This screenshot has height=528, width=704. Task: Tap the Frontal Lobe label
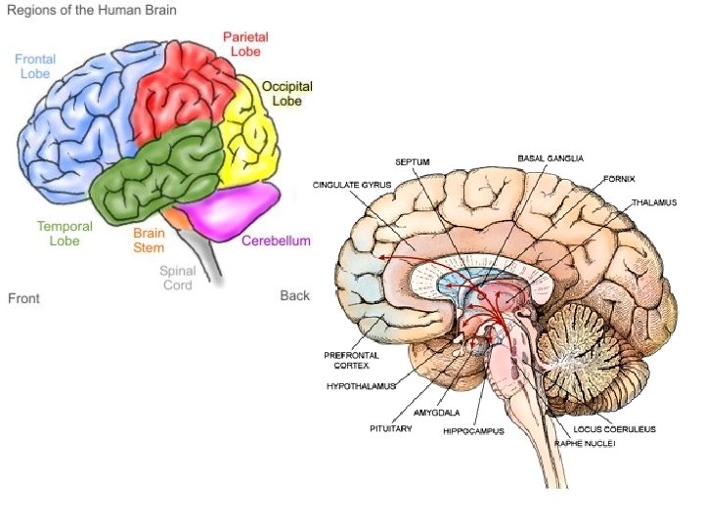tap(35, 66)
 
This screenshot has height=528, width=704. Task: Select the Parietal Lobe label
tap(245, 44)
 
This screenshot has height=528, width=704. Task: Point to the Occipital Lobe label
tap(286, 93)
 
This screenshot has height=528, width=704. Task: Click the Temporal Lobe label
tap(65, 233)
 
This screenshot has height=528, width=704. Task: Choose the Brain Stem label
tap(149, 240)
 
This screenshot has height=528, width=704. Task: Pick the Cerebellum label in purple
tap(276, 241)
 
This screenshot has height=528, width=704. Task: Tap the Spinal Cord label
tap(177, 278)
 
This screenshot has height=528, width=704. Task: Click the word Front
tap(23, 297)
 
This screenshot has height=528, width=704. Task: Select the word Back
tap(294, 295)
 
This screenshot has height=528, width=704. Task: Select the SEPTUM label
tap(413, 161)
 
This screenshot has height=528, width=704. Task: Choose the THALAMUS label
tap(654, 203)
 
